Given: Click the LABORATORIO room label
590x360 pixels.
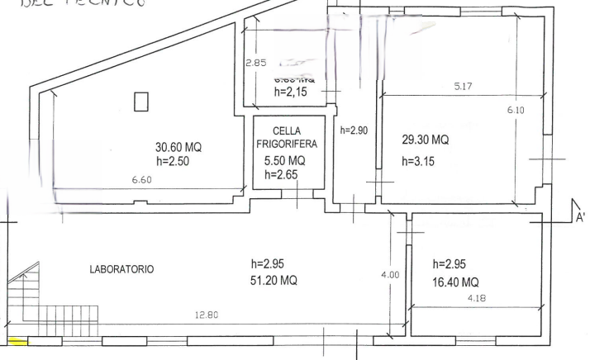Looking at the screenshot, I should (121, 269).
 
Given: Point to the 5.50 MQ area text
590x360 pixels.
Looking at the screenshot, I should (284, 161).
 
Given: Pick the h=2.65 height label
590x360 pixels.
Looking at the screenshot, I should (281, 175).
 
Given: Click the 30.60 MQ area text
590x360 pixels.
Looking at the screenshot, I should (178, 147).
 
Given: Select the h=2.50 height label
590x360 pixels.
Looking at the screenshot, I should (174, 161).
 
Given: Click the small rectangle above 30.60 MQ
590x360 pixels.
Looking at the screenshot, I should (141, 102).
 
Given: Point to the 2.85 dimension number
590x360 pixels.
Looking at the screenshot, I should (256, 64).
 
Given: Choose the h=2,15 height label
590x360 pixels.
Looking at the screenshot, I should (290, 92).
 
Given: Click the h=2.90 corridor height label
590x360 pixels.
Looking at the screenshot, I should (354, 131).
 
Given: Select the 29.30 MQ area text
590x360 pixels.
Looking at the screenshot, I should (425, 140).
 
